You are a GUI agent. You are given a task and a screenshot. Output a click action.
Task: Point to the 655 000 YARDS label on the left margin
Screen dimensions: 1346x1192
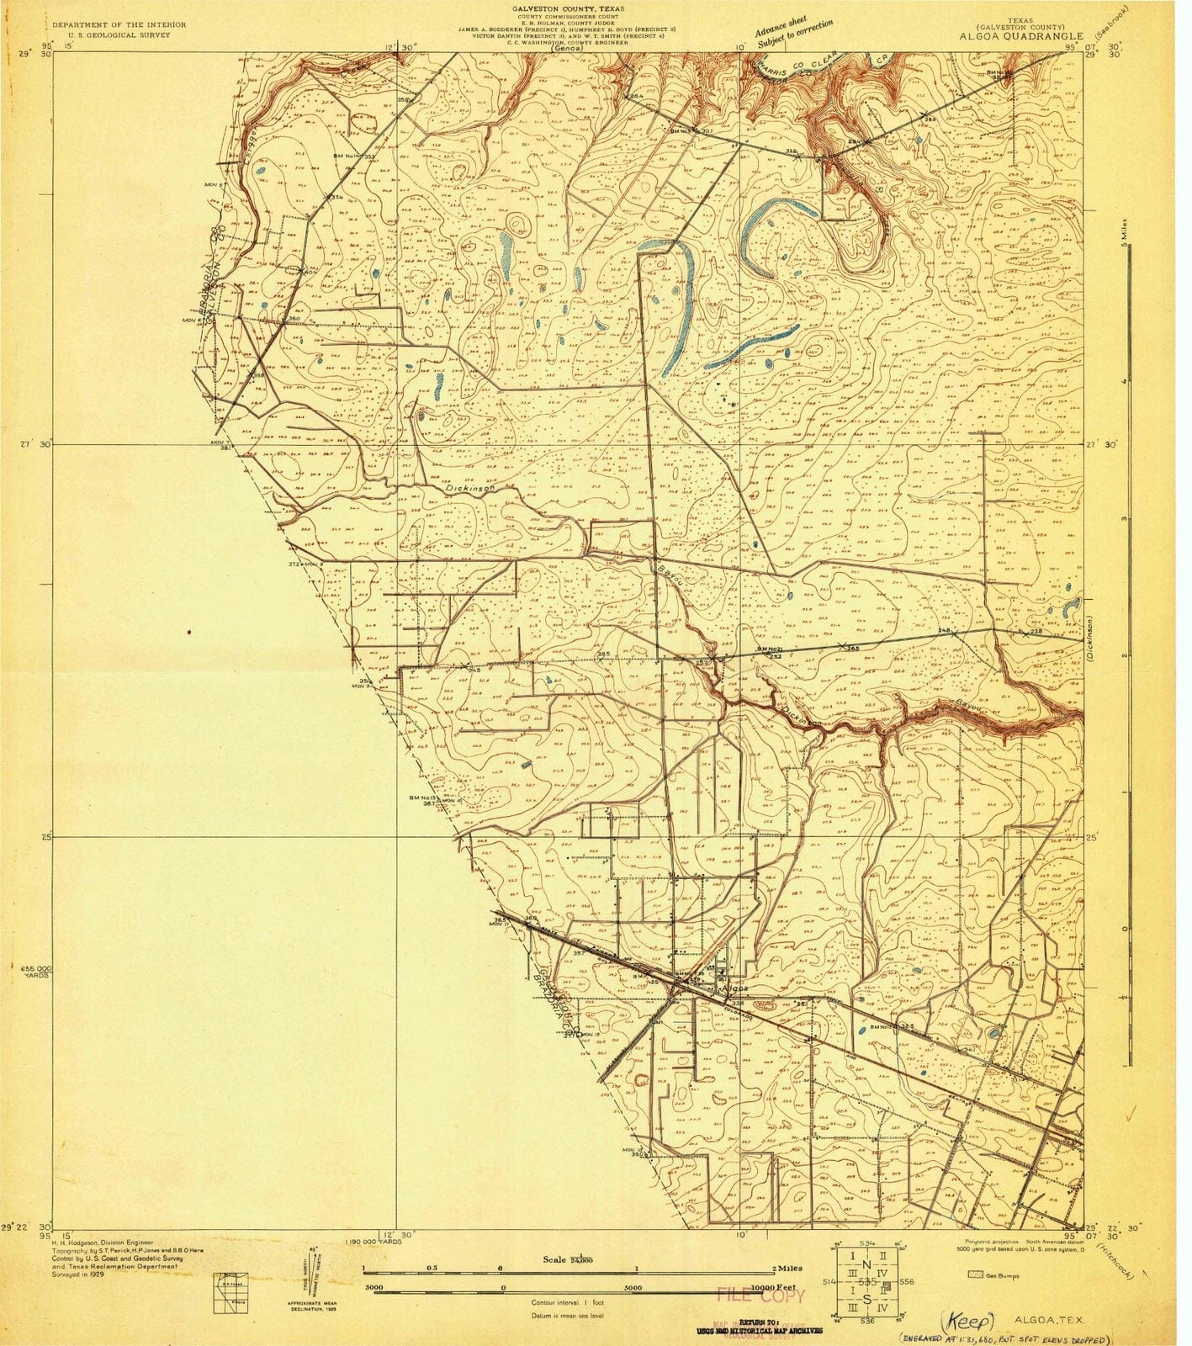click(x=35, y=972)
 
